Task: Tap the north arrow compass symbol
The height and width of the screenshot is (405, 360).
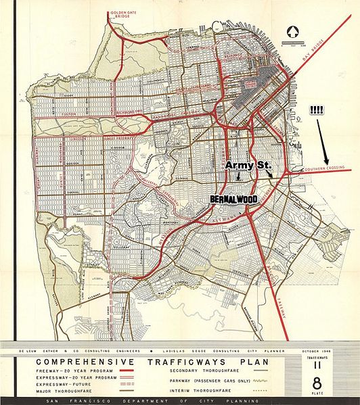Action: click(293, 30)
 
